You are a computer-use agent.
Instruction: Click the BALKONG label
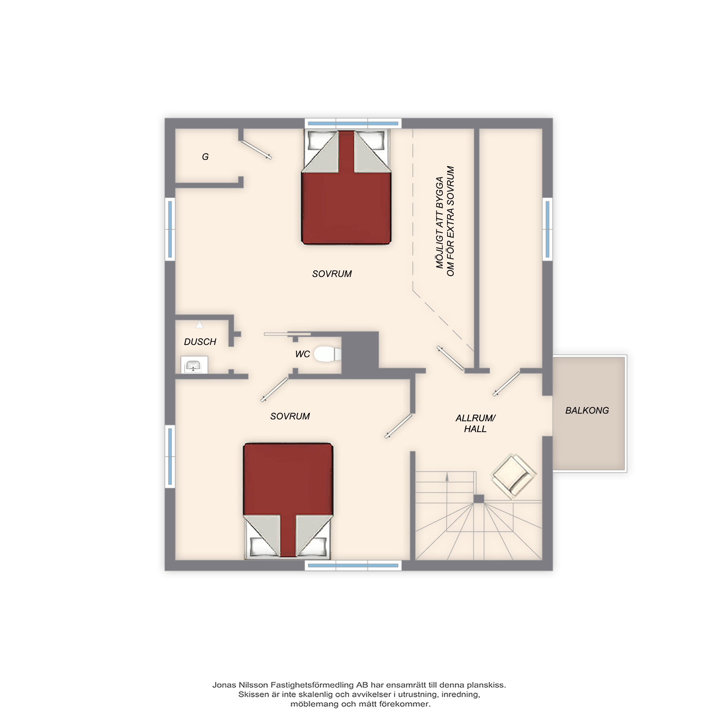(587, 411)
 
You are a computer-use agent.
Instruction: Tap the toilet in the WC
(327, 354)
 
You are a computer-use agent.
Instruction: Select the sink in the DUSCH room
(194, 365)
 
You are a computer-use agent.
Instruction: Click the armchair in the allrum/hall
(513, 476)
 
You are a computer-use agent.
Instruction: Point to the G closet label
(205, 157)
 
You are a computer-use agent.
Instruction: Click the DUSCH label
(200, 342)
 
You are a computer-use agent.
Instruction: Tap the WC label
(302, 354)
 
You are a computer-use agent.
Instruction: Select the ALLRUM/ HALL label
(475, 423)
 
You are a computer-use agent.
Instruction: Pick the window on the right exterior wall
(547, 229)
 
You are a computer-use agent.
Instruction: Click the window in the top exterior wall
(353, 123)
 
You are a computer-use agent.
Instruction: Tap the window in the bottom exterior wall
(353, 565)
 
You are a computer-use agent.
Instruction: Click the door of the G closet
(256, 150)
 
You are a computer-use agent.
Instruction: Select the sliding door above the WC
(287, 334)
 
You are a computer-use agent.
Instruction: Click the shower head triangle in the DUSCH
(200, 324)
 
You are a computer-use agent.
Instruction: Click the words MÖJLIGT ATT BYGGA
(440, 222)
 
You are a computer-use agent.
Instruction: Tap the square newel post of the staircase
(479, 499)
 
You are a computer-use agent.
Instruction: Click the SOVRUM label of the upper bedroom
(332, 274)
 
